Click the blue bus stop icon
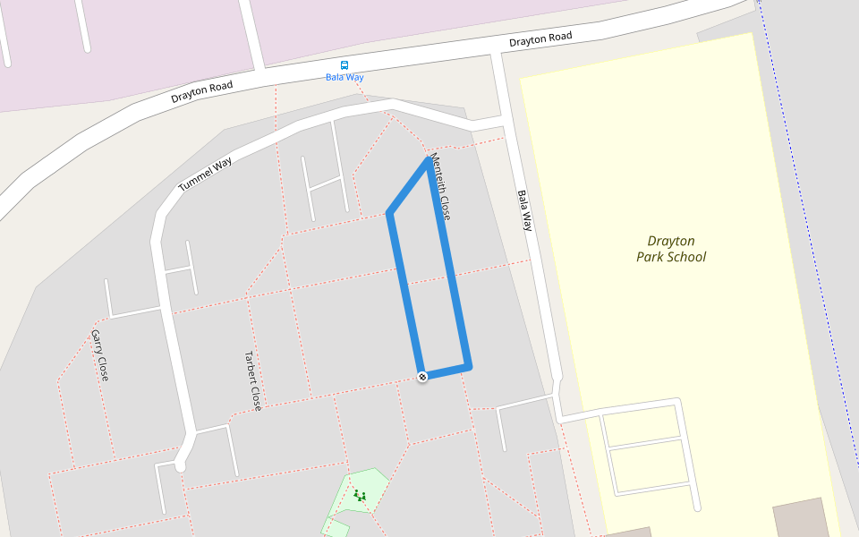344,65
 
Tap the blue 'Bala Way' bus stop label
344,77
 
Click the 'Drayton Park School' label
671,249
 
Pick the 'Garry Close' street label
99,355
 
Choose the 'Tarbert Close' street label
253,380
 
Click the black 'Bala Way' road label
524,210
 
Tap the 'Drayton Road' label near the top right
540,39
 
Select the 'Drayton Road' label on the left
202,91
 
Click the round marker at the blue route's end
422,377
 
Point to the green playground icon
360,495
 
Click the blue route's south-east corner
468,365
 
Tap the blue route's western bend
389,213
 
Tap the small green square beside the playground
336,527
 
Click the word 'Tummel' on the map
193,182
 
